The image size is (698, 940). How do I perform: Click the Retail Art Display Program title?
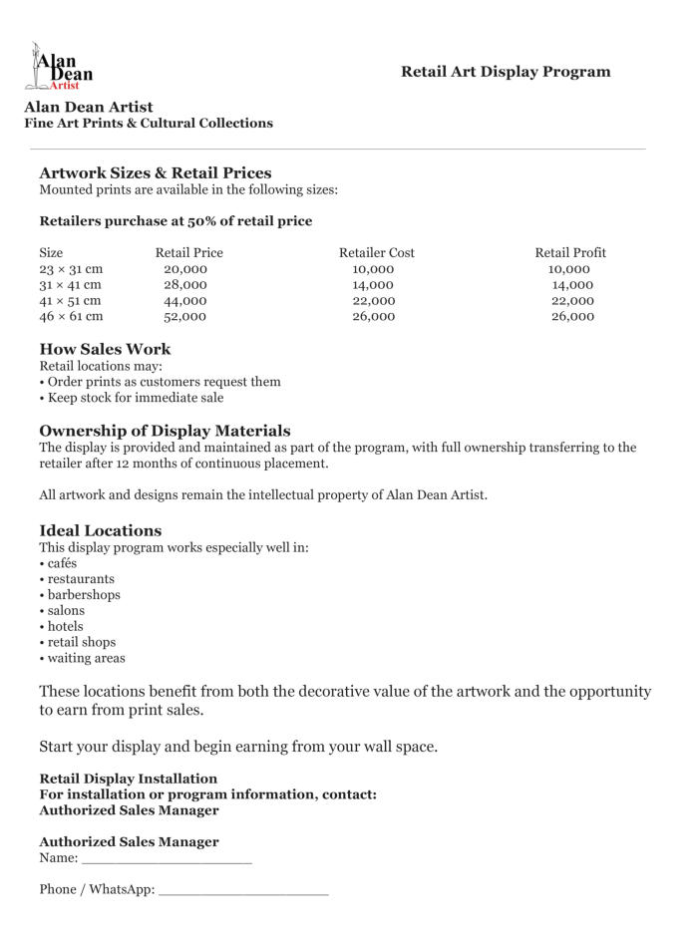(x=506, y=72)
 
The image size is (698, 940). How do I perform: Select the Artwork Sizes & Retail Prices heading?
(x=155, y=172)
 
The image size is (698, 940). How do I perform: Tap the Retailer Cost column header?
(x=376, y=253)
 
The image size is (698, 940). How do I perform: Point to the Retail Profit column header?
(x=569, y=253)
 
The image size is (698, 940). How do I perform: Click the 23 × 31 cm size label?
(x=71, y=269)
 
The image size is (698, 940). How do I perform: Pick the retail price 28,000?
(x=184, y=285)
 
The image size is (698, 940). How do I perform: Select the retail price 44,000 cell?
(x=184, y=301)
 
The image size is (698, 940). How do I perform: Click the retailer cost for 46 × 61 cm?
(x=373, y=317)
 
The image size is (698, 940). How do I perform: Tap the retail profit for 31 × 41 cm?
(x=572, y=285)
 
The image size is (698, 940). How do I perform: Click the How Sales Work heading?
(x=105, y=349)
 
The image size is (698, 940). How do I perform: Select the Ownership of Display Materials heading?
(x=165, y=431)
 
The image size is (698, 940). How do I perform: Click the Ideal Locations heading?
(x=100, y=530)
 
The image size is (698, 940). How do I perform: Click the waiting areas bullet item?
(x=86, y=659)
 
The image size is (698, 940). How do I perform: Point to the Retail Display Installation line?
(x=128, y=779)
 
